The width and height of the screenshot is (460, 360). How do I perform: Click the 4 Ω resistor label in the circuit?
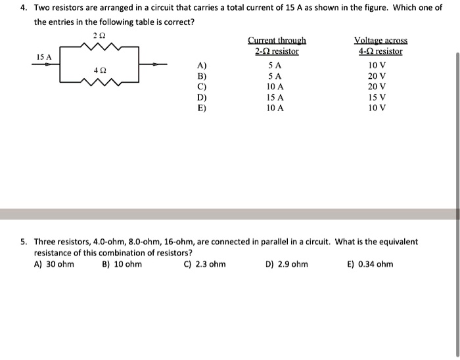point(100,68)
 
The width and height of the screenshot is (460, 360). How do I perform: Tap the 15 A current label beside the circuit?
point(43,57)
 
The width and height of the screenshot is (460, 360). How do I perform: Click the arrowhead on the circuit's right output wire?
point(156,64)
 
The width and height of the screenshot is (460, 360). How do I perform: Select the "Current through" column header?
point(276,40)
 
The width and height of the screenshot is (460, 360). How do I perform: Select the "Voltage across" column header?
point(380,40)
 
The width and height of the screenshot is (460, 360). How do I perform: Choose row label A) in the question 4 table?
point(202,65)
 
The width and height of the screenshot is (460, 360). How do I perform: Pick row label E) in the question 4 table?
point(202,107)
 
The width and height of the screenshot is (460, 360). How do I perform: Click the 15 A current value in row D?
point(275,97)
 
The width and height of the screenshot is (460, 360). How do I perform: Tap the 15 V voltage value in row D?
point(377,97)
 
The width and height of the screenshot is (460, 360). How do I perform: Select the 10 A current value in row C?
point(275,86)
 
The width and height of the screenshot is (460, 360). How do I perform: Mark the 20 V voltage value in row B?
point(377,76)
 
